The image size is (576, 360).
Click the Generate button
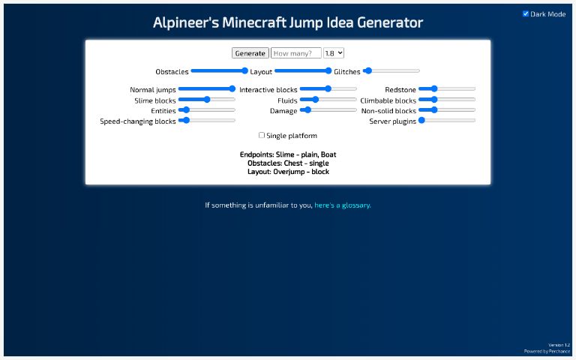tap(250, 53)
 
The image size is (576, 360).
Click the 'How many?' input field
tap(295, 53)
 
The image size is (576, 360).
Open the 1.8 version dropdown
tap(334, 53)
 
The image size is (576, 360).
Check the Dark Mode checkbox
tap(526, 13)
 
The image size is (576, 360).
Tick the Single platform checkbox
tap(262, 136)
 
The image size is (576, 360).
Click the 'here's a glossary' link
tap(343, 205)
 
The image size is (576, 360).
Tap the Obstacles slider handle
tap(244, 71)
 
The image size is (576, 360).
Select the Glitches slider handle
tap(367, 71)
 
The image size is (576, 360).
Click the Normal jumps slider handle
tap(232, 89)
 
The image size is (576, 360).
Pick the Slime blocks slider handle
tap(207, 99)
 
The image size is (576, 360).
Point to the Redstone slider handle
tap(433, 89)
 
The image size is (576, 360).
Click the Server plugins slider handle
tap(422, 120)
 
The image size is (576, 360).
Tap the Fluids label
tap(287, 100)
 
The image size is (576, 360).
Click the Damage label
tap(283, 110)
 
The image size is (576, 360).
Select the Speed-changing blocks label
tap(138, 121)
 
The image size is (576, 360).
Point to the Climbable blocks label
tap(388, 100)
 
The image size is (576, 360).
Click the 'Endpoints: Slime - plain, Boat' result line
tap(288, 154)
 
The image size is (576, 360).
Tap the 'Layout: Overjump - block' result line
tap(288, 172)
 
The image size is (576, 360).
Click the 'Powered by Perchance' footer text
tap(547, 351)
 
